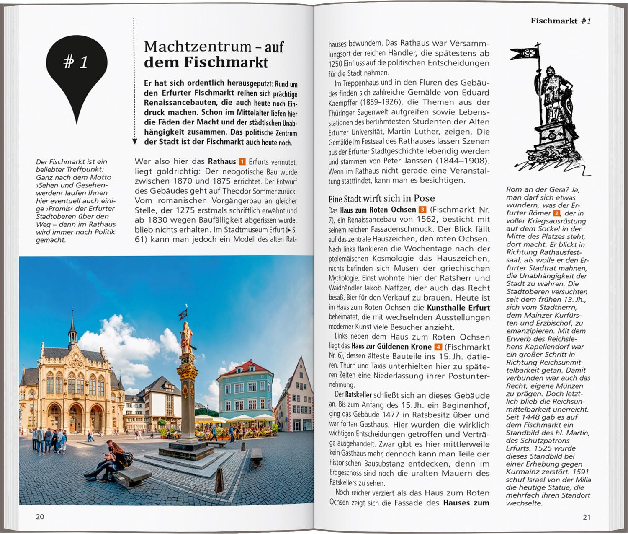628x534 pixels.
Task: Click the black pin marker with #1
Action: pyautogui.click(x=77, y=67)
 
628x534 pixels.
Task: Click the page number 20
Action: pyautogui.click(x=40, y=517)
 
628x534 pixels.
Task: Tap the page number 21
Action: pyautogui.click(x=587, y=517)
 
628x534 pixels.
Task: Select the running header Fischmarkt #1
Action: pyautogui.click(x=561, y=21)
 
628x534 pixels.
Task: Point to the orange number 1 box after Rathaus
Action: pyautogui.click(x=242, y=162)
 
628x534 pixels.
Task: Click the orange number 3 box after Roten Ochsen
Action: pyautogui.click(x=422, y=210)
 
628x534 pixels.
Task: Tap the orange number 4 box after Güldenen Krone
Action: pyautogui.click(x=438, y=347)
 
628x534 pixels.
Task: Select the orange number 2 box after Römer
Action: pyautogui.click(x=557, y=213)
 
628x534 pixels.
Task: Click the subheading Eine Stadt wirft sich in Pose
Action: pyautogui.click(x=382, y=198)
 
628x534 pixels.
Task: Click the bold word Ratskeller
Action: pyautogui.click(x=358, y=395)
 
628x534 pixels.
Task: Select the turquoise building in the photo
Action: pyautogui.click(x=245, y=392)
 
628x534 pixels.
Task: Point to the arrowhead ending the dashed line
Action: pyautogui.click(x=134, y=142)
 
